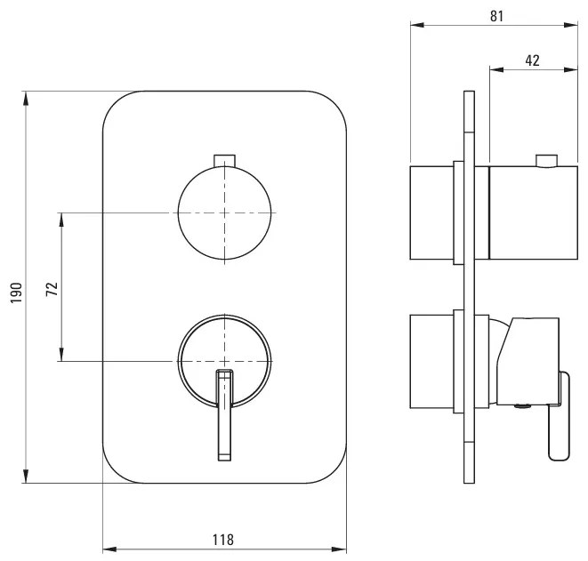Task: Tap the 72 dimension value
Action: pyautogui.click(x=52, y=289)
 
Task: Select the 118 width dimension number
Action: pyautogui.click(x=223, y=540)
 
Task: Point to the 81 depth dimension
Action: pyautogui.click(x=497, y=16)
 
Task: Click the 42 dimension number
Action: pyautogui.click(x=533, y=60)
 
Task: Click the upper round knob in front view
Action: pyautogui.click(x=224, y=212)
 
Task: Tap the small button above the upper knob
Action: pyautogui.click(x=224, y=160)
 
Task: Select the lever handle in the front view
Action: pyautogui.click(x=225, y=415)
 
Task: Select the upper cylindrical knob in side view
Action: pyautogui.click(x=533, y=212)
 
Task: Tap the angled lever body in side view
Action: pyautogui.click(x=528, y=362)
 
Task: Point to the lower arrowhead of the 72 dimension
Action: pyautogui.click(x=61, y=354)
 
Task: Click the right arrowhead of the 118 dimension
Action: pyautogui.click(x=339, y=549)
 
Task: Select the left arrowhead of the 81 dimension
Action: pyautogui.click(x=418, y=25)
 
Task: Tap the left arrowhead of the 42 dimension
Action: pyautogui.click(x=496, y=69)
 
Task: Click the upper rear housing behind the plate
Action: pyautogui.click(x=432, y=212)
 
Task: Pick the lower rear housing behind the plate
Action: pyautogui.click(x=432, y=361)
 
